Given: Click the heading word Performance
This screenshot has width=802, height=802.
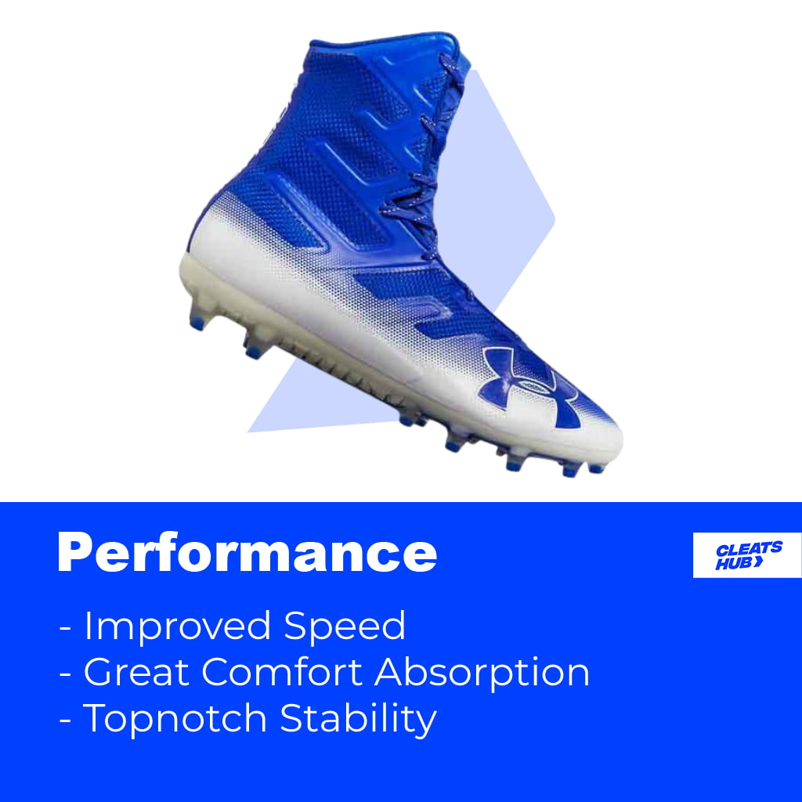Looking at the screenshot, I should click(x=247, y=554).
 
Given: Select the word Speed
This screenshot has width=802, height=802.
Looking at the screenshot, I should click(x=345, y=626).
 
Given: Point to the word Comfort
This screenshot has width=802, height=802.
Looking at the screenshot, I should click(x=281, y=672).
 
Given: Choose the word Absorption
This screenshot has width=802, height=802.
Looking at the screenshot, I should click(x=482, y=674).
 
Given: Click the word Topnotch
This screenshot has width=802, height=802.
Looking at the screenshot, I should click(x=175, y=719).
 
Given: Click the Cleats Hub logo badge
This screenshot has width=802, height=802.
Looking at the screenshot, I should click(x=746, y=555).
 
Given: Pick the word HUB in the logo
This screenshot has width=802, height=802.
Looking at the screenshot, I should click(x=730, y=563).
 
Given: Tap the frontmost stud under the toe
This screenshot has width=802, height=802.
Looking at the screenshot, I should click(x=597, y=468).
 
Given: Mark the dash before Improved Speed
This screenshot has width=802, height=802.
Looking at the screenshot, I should click(x=65, y=627).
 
